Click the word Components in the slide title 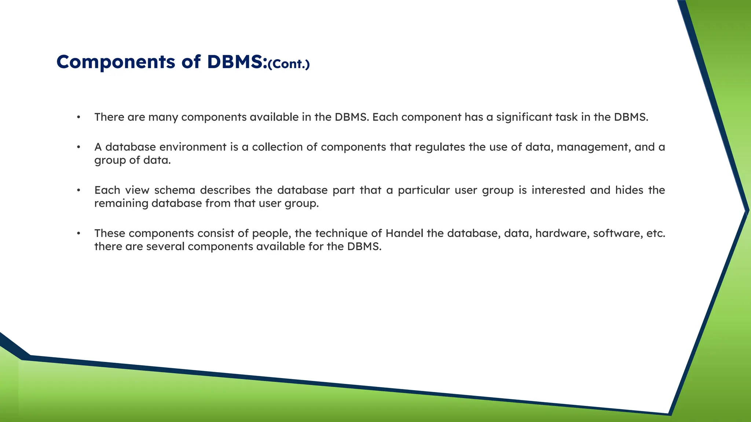coord(116,62)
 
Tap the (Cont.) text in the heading coord(289,64)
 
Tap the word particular coord(424,190)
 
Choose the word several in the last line coord(165,247)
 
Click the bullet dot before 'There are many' coord(78,118)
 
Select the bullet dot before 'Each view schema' coord(78,190)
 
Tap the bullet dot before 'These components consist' coord(78,234)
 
